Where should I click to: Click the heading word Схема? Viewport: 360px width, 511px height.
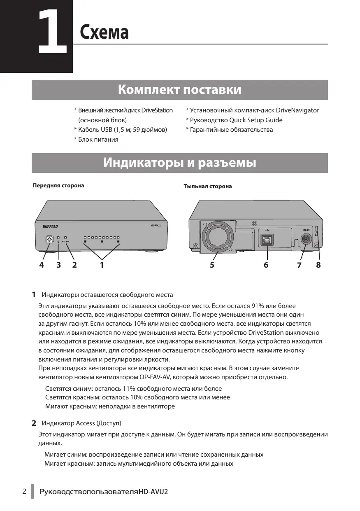tap(104, 32)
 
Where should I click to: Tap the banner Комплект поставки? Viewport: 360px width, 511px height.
tap(179, 90)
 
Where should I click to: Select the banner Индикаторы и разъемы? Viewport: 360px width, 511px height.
tap(179, 163)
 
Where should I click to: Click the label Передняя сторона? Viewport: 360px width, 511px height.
tap(58, 186)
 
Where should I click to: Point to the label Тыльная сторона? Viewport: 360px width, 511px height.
tap(207, 187)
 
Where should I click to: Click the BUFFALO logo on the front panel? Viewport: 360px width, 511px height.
tap(51, 226)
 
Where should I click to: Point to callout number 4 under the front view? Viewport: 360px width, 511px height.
tap(41, 266)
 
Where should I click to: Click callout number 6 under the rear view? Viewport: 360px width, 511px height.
tap(266, 266)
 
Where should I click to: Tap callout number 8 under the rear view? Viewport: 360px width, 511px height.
tap(318, 266)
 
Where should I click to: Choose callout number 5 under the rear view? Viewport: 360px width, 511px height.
tap(212, 266)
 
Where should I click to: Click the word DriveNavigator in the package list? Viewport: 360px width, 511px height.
tap(297, 110)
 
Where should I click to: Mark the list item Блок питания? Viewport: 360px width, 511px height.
tap(98, 140)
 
